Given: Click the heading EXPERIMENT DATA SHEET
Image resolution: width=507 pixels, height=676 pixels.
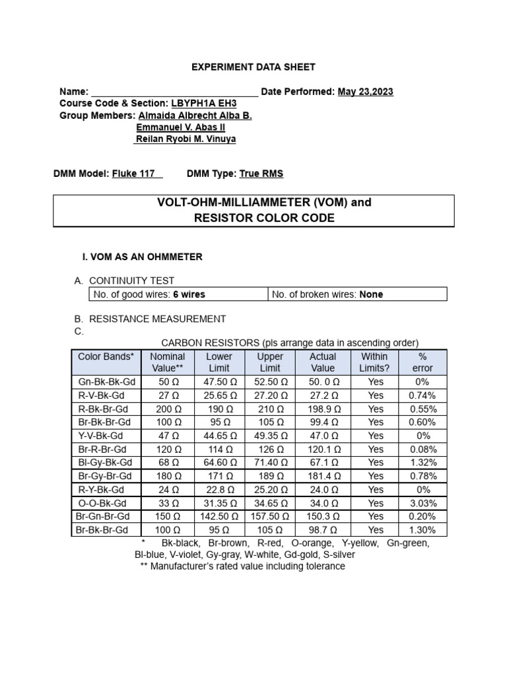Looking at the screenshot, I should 253,67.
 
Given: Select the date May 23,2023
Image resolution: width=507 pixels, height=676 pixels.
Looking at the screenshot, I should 365,92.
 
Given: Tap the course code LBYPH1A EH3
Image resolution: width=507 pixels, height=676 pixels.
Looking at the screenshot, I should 203,104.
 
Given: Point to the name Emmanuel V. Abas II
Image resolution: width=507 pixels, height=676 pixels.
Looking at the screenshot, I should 180,127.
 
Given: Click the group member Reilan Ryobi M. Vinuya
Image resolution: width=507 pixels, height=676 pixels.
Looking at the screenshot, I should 185,139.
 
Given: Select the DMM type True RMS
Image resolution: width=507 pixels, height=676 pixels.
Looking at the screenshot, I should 261,174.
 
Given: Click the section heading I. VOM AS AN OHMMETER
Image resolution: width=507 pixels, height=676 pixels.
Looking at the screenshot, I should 141,257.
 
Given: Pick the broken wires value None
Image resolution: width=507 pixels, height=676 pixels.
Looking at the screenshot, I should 371,294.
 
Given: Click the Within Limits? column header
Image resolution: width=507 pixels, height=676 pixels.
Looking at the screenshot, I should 375,362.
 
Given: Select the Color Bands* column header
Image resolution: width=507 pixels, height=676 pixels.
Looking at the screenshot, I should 106,356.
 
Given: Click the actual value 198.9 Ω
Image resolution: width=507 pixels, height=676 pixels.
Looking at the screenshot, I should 323,409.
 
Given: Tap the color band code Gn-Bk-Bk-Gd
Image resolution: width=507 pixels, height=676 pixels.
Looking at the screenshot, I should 106,382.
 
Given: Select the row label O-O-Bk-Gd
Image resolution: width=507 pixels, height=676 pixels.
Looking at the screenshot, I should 106,503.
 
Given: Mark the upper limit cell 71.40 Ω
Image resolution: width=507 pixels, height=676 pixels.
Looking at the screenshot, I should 270,463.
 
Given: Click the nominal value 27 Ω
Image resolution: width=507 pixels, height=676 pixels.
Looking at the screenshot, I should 167,395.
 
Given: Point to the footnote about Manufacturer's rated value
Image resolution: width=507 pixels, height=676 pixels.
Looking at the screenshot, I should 242,566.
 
